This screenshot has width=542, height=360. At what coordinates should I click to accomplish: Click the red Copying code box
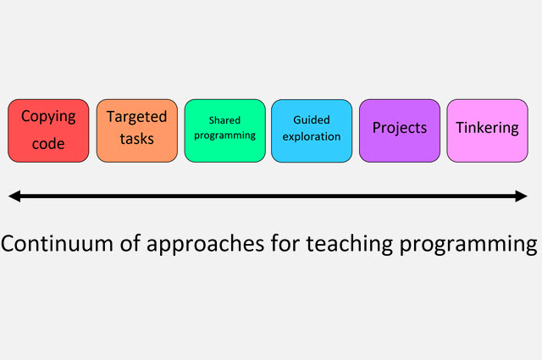point(48,130)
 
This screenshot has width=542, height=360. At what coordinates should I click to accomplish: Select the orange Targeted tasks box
point(137,130)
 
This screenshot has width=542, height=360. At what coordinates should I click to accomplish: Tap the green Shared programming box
point(225,130)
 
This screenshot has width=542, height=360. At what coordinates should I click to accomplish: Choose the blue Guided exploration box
point(312,130)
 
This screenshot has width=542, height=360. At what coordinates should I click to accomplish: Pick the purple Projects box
point(400,130)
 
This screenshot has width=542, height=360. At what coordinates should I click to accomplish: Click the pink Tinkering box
point(488,130)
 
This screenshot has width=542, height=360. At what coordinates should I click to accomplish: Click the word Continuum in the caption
point(57,243)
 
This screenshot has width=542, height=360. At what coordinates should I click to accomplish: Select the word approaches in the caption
point(205,246)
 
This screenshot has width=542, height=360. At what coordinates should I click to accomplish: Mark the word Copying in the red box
point(48,117)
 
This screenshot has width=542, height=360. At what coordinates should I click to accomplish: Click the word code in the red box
point(48,143)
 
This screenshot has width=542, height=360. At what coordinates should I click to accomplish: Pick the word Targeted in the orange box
point(137,117)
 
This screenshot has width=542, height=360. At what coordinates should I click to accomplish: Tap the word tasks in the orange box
point(137,139)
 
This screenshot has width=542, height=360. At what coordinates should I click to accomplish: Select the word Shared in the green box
point(224,120)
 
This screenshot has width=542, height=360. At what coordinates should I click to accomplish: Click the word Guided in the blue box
point(312,119)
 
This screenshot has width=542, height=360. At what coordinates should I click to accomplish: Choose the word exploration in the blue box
point(312,136)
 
